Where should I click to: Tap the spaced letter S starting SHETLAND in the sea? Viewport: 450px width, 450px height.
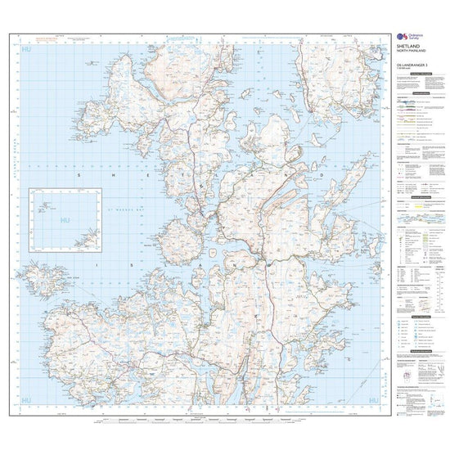(x=79, y=175)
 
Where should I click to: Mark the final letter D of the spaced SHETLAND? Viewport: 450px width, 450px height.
(x=322, y=175)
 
